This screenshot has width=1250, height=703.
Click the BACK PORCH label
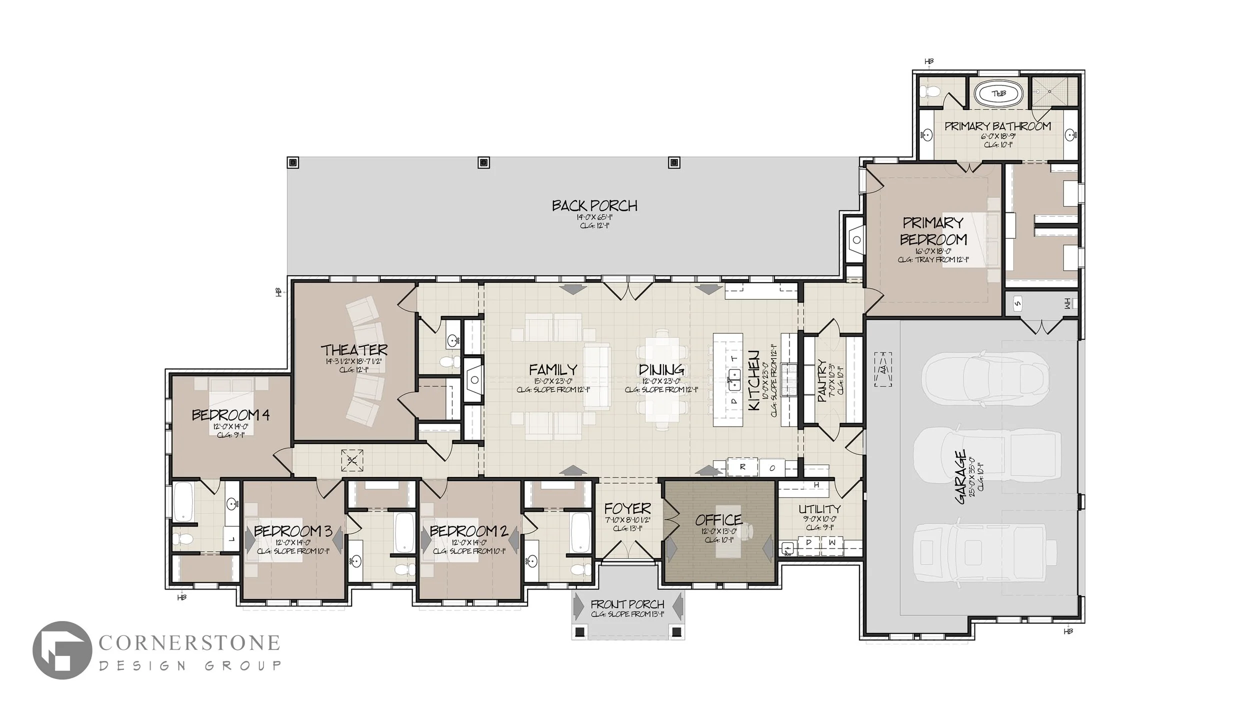click(594, 206)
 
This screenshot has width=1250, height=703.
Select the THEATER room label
click(354, 349)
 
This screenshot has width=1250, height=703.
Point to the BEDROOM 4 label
click(230, 415)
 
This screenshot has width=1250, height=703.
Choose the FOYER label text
click(627, 509)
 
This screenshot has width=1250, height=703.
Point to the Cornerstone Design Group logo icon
click(62, 650)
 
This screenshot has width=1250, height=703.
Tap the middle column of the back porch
click(483, 162)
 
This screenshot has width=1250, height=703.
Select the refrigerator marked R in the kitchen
click(742, 467)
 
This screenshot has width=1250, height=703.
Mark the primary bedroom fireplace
click(856, 240)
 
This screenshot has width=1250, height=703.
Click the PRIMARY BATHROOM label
click(997, 126)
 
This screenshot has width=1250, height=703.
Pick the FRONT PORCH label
click(627, 604)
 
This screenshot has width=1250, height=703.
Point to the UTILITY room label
click(819, 509)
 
